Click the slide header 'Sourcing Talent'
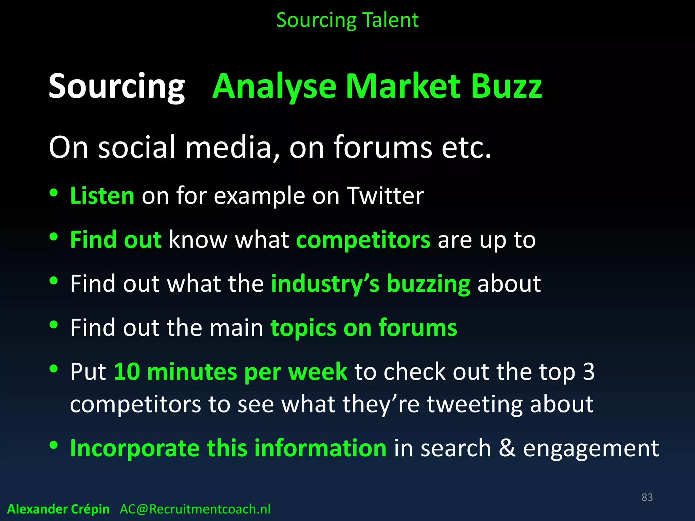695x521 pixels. (347, 20)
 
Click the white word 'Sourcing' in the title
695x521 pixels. (117, 87)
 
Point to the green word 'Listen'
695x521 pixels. (102, 196)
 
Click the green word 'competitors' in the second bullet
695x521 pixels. (363, 240)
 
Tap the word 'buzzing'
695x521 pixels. (428, 284)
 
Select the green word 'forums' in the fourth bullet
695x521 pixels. (418, 328)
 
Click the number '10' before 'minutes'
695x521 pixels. (127, 371)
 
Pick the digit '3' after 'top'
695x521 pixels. (589, 371)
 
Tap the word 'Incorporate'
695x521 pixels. (135, 448)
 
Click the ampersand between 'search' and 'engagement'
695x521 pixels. (507, 448)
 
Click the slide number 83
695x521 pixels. (647, 497)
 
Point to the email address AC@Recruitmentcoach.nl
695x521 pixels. (195, 509)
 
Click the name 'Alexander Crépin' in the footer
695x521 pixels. (58, 509)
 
